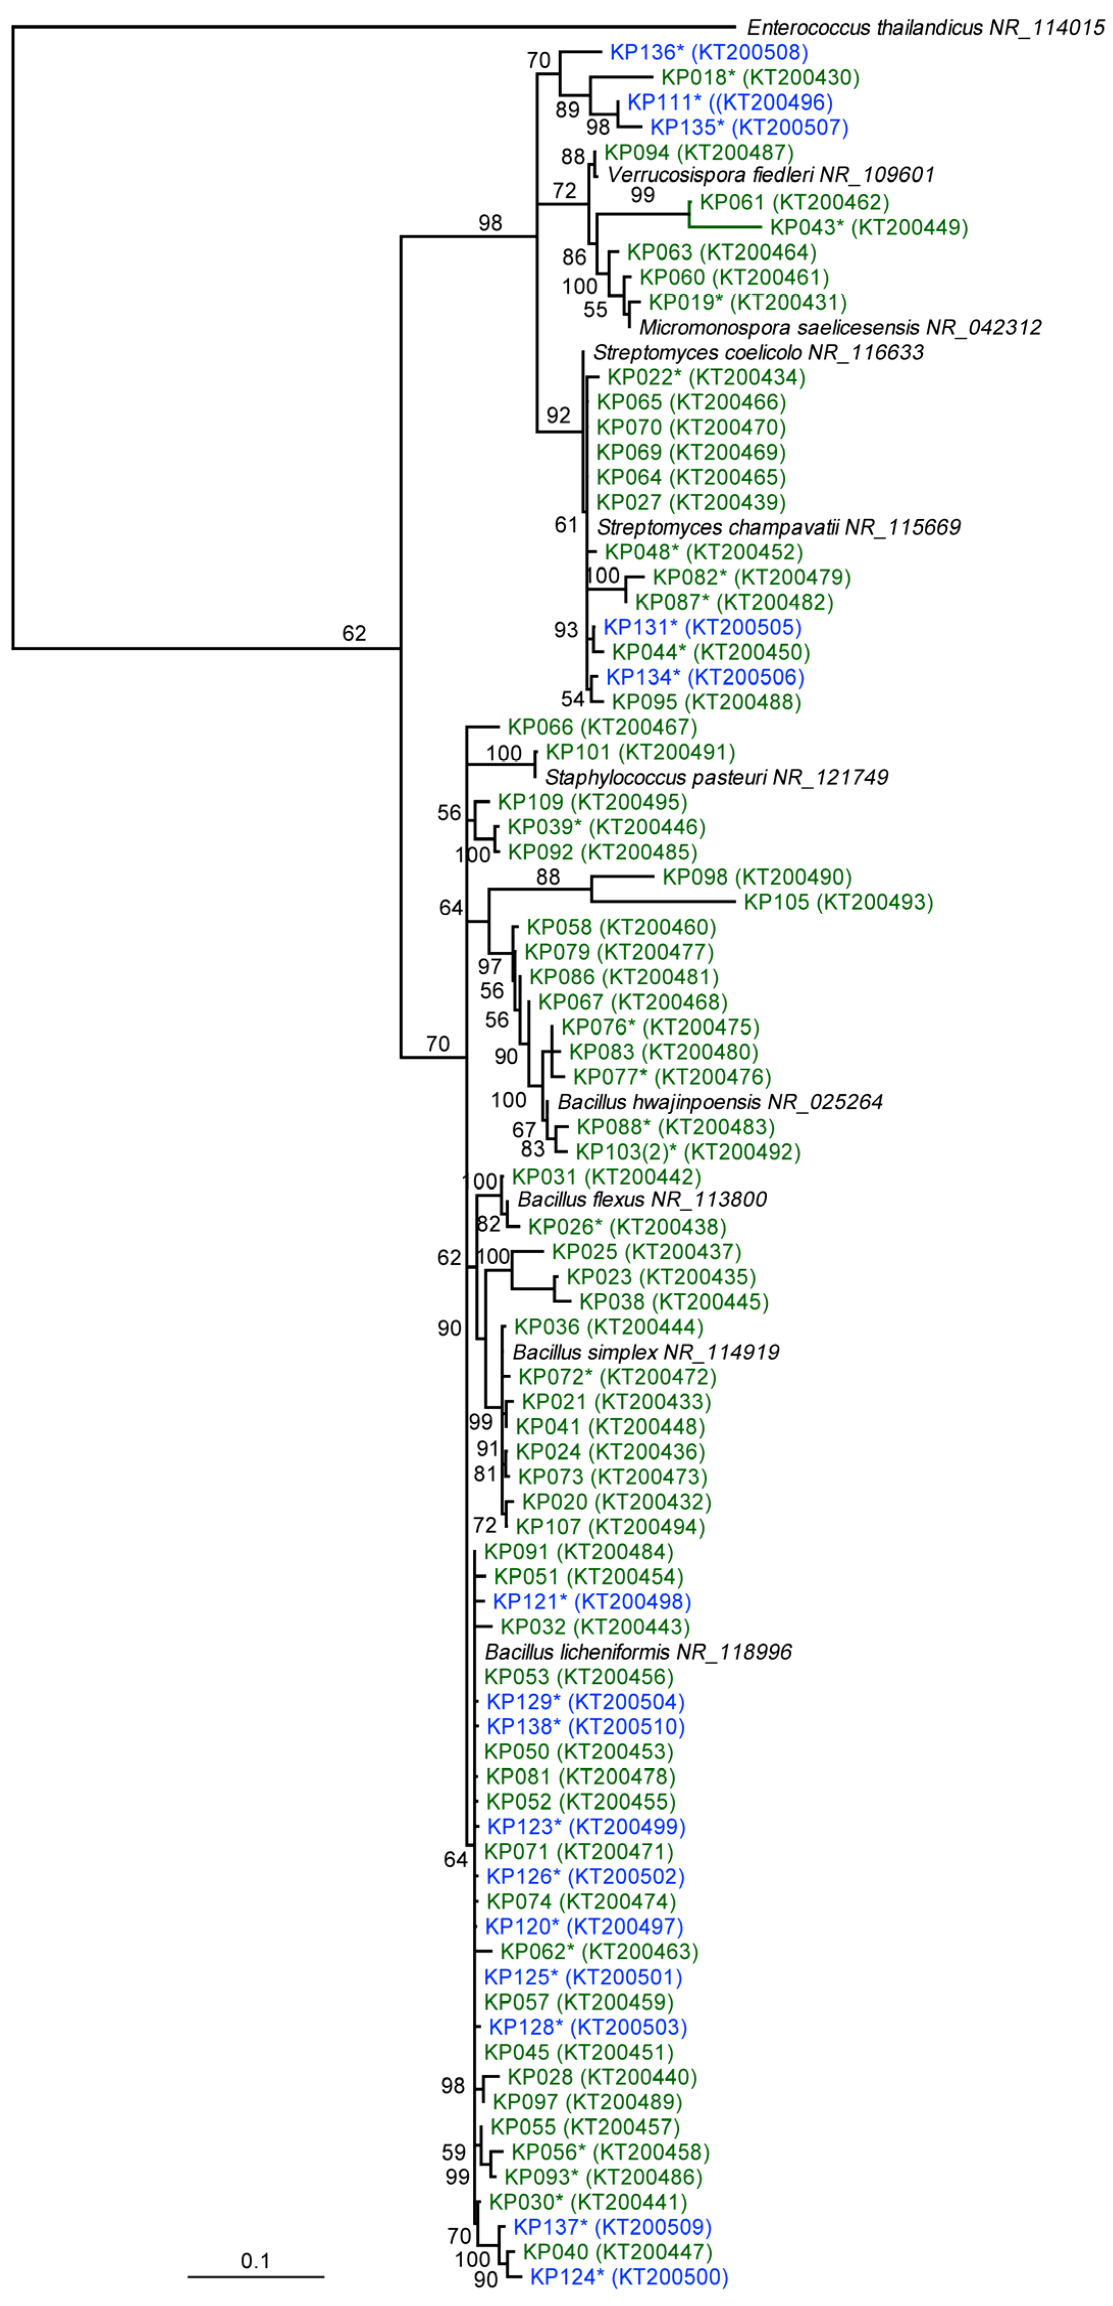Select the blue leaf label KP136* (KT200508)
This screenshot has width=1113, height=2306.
pyautogui.click(x=709, y=53)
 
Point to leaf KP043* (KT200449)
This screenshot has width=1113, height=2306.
pyautogui.click(x=869, y=227)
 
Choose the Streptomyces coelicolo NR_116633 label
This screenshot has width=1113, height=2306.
pyautogui.click(x=757, y=353)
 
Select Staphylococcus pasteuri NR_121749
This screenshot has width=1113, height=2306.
pyautogui.click(x=716, y=777)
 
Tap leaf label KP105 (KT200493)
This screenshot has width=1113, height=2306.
pyautogui.click(x=838, y=902)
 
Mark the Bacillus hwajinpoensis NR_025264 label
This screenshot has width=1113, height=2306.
pyautogui.click(x=720, y=1102)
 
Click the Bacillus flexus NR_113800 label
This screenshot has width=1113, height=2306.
pyautogui.click(x=642, y=1199)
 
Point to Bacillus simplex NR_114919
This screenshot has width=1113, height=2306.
pyautogui.click(x=646, y=1352)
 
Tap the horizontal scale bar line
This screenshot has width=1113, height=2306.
pyautogui.click(x=255, y=2275)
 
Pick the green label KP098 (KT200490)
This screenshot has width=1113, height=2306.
pyautogui.click(x=756, y=877)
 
